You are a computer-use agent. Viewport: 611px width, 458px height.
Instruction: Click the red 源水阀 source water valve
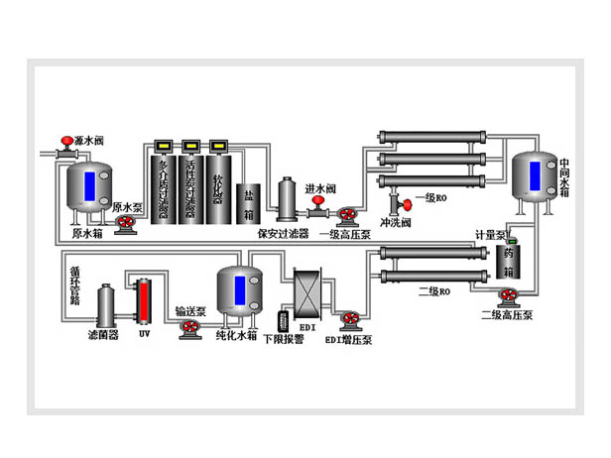point(66,141)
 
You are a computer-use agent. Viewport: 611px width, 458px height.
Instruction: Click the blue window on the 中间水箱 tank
point(535,175)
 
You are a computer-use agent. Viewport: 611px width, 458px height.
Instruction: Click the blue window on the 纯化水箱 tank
point(239,289)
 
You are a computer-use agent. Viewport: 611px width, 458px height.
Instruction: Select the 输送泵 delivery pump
point(189,331)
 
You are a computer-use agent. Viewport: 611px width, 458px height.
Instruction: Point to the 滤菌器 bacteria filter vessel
point(106,307)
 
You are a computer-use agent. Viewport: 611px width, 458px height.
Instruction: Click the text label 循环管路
point(74,282)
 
